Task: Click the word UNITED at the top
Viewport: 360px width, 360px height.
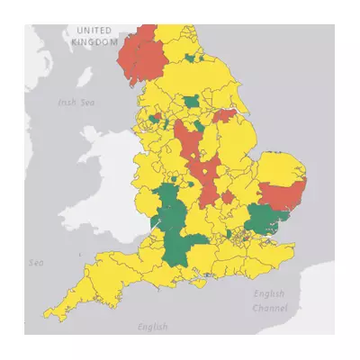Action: (x=94, y=31)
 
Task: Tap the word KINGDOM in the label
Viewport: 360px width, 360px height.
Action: (x=94, y=41)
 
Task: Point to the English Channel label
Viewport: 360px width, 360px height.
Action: (x=269, y=301)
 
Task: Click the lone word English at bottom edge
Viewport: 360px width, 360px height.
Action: (x=153, y=326)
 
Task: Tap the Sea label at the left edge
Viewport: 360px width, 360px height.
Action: (x=36, y=263)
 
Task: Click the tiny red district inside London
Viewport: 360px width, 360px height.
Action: (x=241, y=237)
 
